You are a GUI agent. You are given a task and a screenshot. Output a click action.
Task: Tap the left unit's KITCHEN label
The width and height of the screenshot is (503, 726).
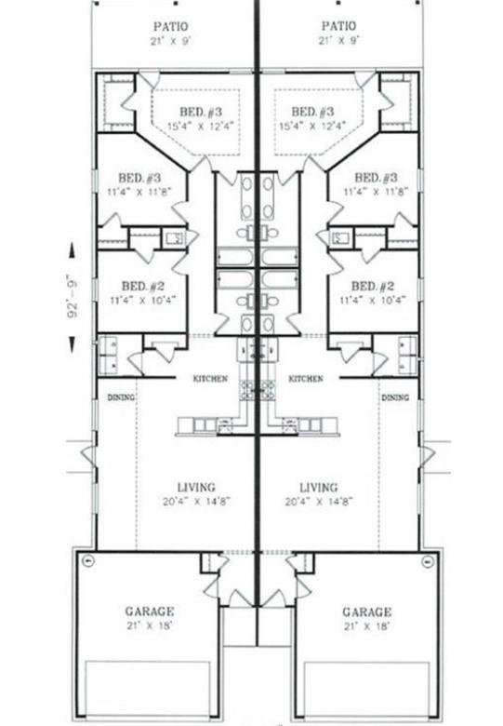click(210, 379)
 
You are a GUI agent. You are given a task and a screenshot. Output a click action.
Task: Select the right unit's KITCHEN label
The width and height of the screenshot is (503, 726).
click(306, 379)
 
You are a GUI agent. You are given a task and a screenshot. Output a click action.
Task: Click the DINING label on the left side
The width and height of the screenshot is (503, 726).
click(121, 397)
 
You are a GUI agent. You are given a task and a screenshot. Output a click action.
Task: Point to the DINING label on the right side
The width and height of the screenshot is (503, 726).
click(395, 397)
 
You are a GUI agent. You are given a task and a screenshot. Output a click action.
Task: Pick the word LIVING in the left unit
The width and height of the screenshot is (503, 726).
click(196, 487)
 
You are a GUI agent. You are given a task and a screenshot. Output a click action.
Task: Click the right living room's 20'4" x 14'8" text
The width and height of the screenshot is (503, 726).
click(319, 501)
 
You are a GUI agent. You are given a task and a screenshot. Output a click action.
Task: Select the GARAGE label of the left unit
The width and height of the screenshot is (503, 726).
click(149, 612)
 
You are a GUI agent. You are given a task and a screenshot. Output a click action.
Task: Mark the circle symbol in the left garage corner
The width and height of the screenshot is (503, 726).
click(87, 560)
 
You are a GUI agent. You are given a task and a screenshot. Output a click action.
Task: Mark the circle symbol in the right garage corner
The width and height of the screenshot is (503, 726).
click(428, 560)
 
